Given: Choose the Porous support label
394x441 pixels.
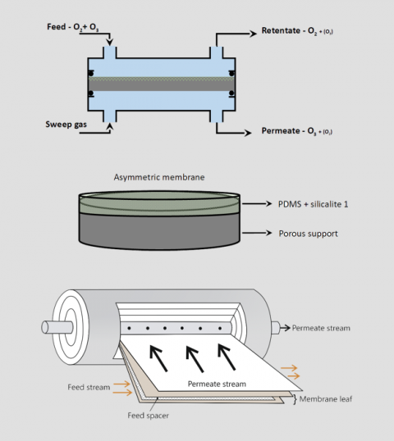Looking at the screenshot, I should point(307,234).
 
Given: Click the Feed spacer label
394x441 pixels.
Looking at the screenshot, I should point(150,416).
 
